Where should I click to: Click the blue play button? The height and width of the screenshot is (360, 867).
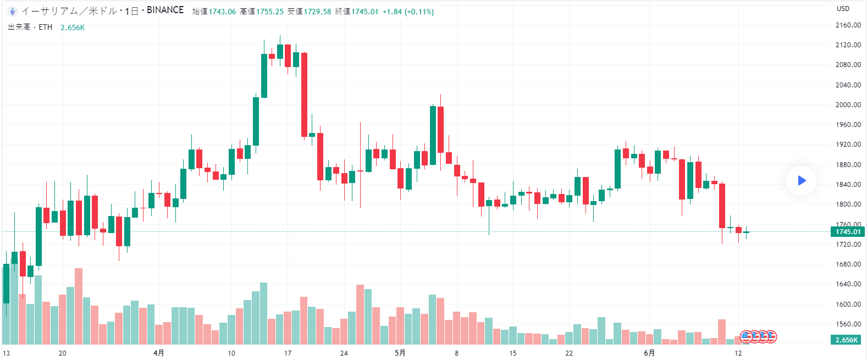[x=801, y=180]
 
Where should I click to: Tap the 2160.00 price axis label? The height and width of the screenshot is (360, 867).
[x=848, y=25]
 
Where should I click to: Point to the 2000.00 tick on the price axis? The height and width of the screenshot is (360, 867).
[x=848, y=105]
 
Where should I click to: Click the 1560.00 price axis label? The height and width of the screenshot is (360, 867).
[x=848, y=324]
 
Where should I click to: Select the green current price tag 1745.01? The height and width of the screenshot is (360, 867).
[x=848, y=232]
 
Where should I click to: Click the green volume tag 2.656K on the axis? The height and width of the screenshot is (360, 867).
[x=846, y=340]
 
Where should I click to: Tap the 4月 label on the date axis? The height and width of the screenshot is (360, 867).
[x=158, y=353]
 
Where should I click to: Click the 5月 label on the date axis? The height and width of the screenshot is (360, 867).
[x=400, y=353]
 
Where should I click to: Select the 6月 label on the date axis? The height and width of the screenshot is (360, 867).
[x=649, y=353]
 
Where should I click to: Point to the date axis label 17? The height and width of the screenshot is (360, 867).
[x=288, y=353]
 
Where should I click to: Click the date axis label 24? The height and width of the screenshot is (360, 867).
[x=344, y=353]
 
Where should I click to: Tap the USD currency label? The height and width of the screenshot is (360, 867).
[x=843, y=9]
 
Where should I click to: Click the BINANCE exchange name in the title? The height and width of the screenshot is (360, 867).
[x=165, y=10]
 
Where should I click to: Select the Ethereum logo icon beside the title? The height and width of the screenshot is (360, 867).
[x=12, y=11]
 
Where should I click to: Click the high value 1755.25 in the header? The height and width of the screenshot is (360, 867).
[x=269, y=12]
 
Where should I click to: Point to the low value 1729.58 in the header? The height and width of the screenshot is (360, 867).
[x=317, y=12]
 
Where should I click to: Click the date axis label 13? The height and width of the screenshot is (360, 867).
[x=6, y=353]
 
